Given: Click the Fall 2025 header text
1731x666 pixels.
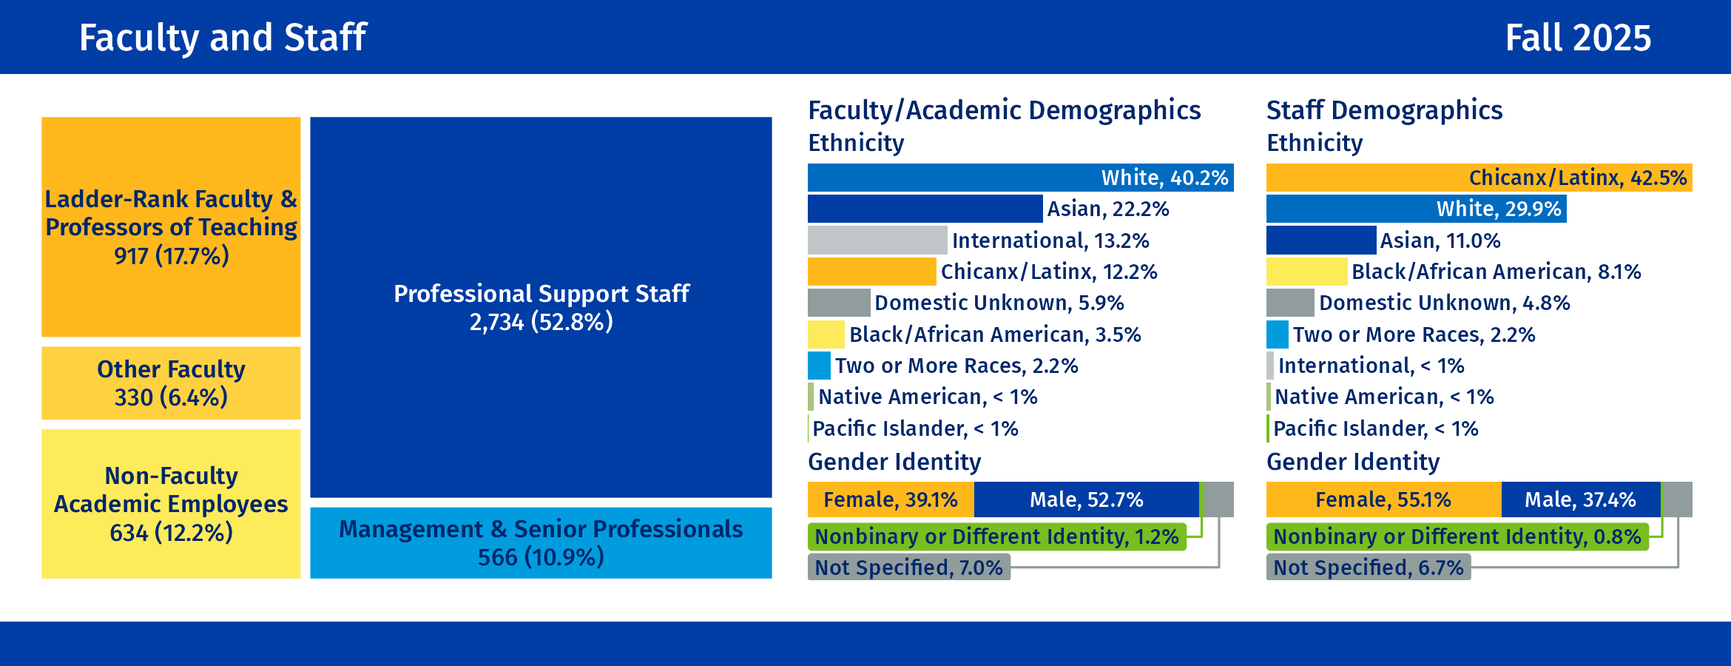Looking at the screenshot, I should point(1577,38).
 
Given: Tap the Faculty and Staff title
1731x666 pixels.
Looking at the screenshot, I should point(223,38).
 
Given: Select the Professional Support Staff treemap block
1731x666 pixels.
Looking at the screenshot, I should point(541,307).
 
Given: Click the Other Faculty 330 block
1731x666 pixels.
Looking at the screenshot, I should point(171,383).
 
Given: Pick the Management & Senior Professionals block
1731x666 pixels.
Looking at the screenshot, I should point(541,542).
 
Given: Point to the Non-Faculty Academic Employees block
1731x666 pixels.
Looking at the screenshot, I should point(171,504).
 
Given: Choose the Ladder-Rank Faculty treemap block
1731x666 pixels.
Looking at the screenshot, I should point(171,226).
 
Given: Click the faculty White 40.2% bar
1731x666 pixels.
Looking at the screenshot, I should point(1020,178).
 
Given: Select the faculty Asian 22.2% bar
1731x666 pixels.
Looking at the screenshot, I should point(925,209).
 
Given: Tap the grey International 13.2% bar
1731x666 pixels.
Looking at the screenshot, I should point(877,240).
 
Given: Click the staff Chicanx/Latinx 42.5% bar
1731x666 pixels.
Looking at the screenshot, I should point(1479,178).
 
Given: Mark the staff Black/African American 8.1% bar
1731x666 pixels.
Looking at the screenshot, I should point(1306,272).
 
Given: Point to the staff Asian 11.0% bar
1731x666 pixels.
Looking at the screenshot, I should point(1321,240).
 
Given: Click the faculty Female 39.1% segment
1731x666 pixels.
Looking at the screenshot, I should point(891,499).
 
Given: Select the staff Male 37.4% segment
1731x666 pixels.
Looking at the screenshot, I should point(1581,499).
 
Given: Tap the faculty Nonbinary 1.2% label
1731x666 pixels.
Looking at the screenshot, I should point(996,536).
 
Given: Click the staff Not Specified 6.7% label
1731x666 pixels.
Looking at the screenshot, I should point(1368,568).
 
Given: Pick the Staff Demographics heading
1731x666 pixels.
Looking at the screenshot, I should point(1384,110).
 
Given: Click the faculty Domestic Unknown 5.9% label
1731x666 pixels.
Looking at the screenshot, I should point(999,303).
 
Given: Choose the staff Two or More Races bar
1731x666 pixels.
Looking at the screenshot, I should point(1278,334).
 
